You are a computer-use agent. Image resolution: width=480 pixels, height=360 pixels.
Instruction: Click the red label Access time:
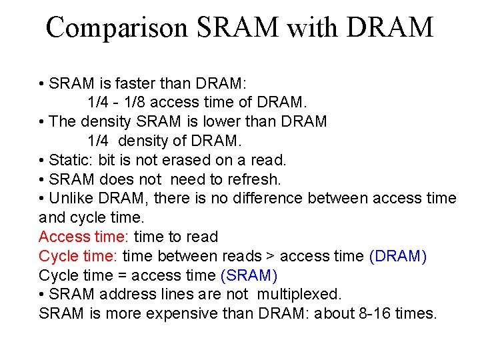[84, 237]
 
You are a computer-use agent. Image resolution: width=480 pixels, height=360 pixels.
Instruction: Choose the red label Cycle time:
[79, 256]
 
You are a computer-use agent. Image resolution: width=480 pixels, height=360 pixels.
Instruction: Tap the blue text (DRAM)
[398, 256]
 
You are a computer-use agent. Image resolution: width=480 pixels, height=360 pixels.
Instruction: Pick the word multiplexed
[299, 294]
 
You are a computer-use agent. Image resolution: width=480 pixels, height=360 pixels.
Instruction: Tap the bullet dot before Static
[41, 161]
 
